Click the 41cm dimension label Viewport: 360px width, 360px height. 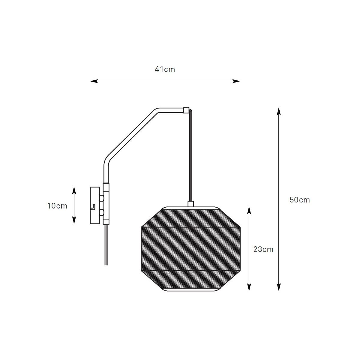pos(165,70)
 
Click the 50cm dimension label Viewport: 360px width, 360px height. pos(300,200)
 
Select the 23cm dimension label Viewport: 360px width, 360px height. pos(263,249)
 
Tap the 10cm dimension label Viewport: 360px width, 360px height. pos(57,206)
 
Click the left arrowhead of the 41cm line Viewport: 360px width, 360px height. pos(94,81)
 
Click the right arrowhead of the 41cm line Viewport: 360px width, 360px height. pos(236,81)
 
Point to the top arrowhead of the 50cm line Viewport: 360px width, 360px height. pos(279,111)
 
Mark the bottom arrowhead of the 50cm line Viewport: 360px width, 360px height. pos(279,287)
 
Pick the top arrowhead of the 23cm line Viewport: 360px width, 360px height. pos(249,210)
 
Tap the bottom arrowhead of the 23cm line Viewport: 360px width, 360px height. pos(249,287)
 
